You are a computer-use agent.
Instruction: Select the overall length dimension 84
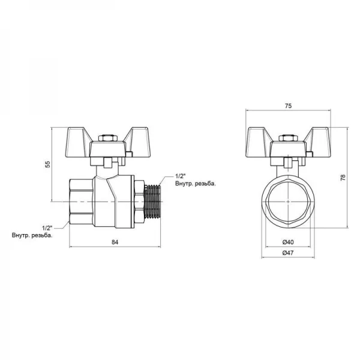point(115,242)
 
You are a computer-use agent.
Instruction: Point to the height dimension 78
point(343,178)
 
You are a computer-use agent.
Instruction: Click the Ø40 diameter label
point(288,242)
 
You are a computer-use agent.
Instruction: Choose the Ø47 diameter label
point(288,253)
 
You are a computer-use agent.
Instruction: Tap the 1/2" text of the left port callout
point(48,227)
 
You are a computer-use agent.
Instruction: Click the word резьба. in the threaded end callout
point(203,184)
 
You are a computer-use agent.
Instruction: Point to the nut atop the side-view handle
point(107,140)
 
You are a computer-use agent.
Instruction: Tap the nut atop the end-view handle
point(288,140)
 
